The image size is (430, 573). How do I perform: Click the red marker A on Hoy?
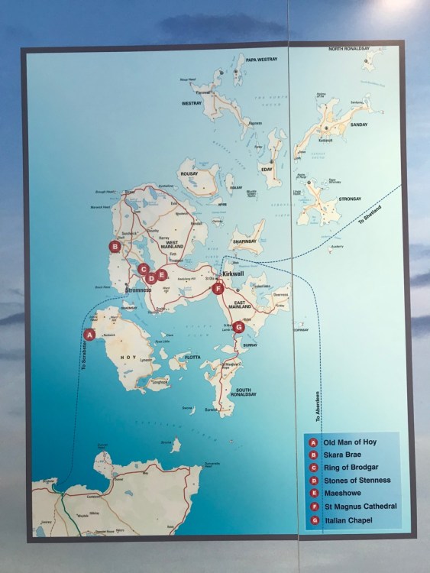click(89, 334)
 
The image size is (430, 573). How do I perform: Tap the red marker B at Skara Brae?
click(115, 247)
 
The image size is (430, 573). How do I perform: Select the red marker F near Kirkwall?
click(218, 290)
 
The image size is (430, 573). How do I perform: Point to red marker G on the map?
click(239, 327)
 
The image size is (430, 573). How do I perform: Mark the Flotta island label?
click(192, 355)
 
